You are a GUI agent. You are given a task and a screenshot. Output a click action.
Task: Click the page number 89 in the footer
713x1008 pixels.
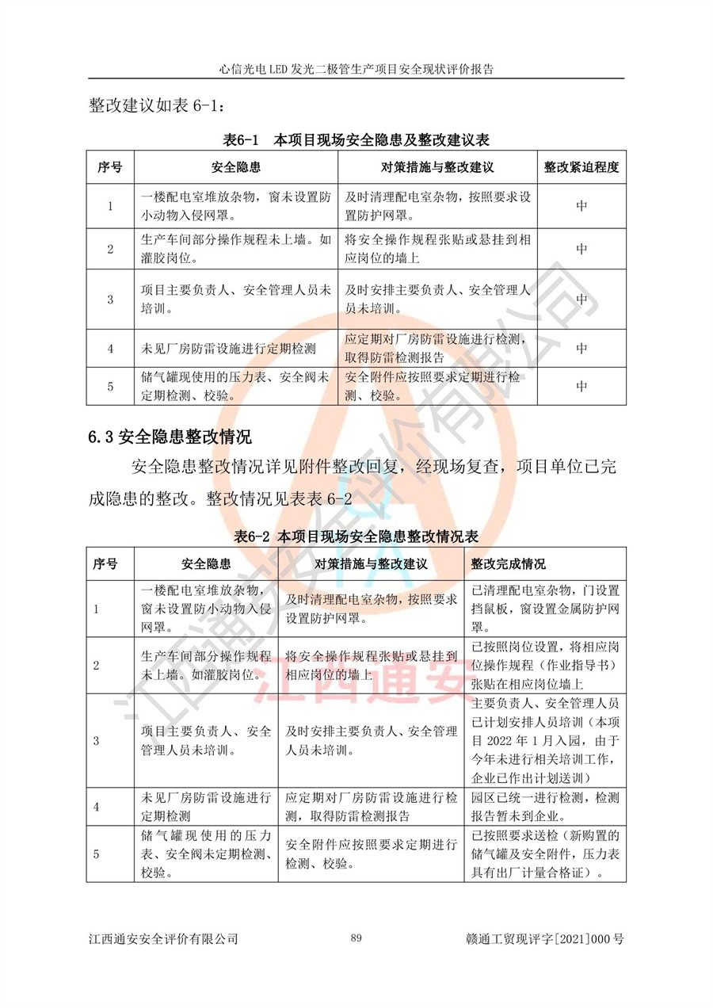pyautogui.click(x=356, y=938)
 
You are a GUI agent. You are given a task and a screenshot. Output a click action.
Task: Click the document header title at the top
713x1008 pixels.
pyautogui.click(x=356, y=69)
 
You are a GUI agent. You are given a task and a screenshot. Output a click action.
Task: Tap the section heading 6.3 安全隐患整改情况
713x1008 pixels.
pyautogui.click(x=170, y=435)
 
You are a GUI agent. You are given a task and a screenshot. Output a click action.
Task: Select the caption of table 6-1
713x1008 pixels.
pyautogui.click(x=357, y=140)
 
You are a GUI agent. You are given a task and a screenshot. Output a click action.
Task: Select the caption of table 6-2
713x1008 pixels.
pyautogui.click(x=357, y=536)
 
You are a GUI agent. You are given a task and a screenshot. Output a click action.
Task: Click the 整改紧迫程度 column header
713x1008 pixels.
pyautogui.click(x=581, y=168)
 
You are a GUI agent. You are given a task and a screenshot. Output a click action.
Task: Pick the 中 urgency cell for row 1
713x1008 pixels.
pyautogui.click(x=581, y=206)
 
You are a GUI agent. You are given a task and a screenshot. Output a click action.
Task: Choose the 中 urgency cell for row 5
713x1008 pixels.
pyautogui.click(x=581, y=386)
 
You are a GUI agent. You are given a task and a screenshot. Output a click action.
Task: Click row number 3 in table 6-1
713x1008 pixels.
pyautogui.click(x=111, y=299)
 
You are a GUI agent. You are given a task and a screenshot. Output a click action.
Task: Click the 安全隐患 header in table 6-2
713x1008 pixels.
pyautogui.click(x=206, y=564)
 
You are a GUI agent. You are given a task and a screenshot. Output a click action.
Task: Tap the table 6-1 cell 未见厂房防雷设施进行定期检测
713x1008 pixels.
pyautogui.click(x=228, y=348)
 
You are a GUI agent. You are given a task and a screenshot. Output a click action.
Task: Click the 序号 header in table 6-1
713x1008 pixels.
pyautogui.click(x=111, y=168)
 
